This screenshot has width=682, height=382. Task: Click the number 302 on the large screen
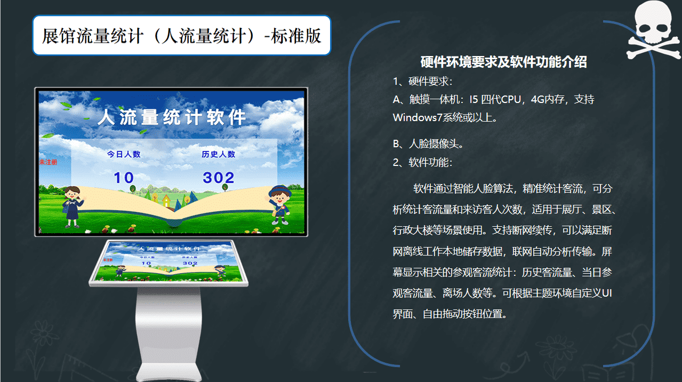tap(219, 178)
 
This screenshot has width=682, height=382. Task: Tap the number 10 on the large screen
tap(124, 178)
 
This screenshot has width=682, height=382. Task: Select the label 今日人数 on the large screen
tap(124, 154)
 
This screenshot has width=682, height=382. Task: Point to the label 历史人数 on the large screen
tap(218, 154)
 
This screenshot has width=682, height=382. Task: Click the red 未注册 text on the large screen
tap(48, 162)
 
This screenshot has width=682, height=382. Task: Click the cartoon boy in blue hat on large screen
tap(279, 205)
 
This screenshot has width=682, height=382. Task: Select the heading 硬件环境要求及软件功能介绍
tap(503, 62)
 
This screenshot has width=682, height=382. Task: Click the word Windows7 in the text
tap(417, 117)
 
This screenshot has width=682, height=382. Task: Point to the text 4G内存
tap(548, 99)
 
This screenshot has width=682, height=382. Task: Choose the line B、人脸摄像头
tap(428, 144)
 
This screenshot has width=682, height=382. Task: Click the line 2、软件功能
tap(423, 162)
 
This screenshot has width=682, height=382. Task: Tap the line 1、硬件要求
tap(423, 81)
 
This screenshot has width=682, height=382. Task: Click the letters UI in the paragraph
tap(607, 293)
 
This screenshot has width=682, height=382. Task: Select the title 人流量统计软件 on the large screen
tap(172, 117)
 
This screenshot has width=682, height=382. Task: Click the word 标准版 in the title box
tap(296, 36)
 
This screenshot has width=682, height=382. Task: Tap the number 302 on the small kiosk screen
tap(190, 263)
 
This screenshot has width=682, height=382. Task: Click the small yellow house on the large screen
tap(166, 201)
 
